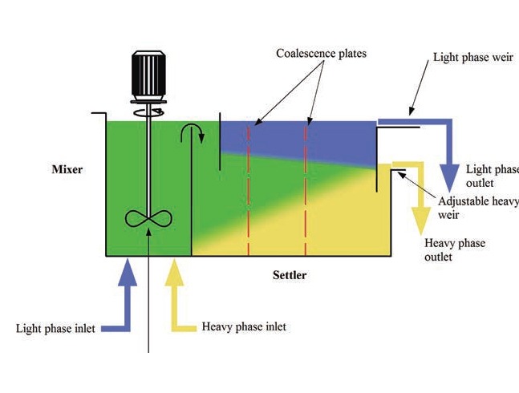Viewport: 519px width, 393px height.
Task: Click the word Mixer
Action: click(67, 170)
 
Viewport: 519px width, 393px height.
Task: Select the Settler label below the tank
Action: click(290, 275)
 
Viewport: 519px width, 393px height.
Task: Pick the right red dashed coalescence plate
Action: click(306, 188)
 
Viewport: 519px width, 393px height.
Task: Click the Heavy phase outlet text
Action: click(454, 249)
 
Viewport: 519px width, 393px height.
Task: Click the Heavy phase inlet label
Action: click(244, 326)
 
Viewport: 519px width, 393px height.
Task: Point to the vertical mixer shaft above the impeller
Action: click(149, 160)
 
